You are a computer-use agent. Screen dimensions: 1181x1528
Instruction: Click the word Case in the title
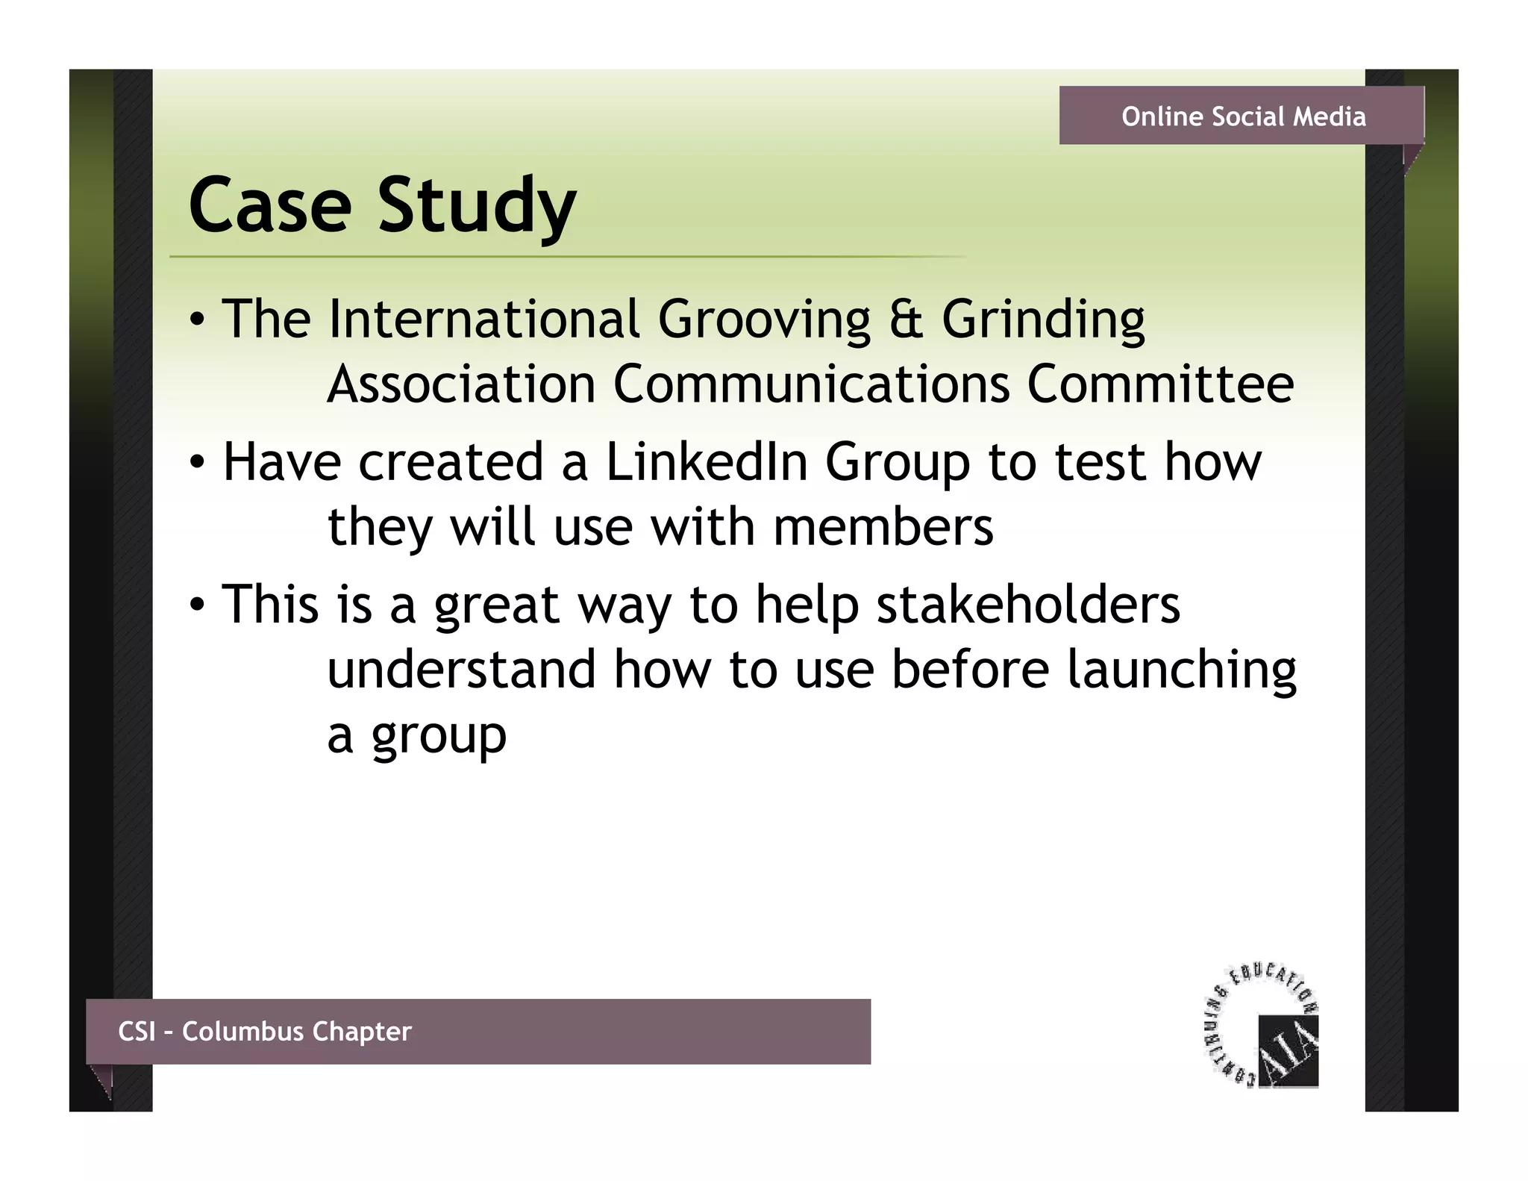270,205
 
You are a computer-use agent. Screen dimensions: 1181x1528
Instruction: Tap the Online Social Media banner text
1243,116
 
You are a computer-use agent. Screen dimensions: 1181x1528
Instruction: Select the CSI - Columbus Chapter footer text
265,1031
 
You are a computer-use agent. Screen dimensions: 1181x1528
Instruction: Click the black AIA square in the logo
1289,1050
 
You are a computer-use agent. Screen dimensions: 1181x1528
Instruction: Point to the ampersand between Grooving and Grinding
906,320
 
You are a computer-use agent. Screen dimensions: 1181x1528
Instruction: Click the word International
483,320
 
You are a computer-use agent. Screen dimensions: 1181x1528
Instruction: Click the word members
883,527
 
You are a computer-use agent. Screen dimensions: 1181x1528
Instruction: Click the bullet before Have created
196,464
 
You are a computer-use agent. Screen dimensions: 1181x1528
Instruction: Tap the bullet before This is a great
196,605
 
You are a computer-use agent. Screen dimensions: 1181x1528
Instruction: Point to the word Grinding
1043,320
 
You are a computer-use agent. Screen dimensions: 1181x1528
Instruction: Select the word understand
462,669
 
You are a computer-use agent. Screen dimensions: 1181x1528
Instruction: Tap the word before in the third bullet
970,669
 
